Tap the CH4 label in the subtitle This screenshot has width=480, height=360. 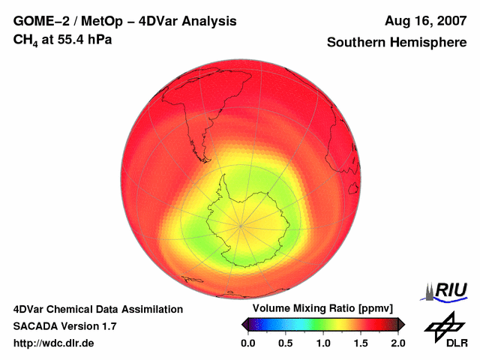pyautogui.click(x=26, y=38)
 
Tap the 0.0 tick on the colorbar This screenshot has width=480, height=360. pyautogui.click(x=247, y=343)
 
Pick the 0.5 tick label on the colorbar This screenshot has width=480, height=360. pyautogui.click(x=285, y=343)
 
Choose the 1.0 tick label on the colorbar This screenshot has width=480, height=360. pyautogui.click(x=322, y=343)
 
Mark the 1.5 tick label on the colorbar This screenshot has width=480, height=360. pyautogui.click(x=361, y=343)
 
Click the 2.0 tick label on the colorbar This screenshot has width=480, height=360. pyautogui.click(x=397, y=343)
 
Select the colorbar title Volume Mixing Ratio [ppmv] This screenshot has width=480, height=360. pyautogui.click(x=322, y=309)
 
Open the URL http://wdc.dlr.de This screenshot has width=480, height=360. pyautogui.click(x=53, y=343)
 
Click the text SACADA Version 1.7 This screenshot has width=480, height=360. pyautogui.click(x=64, y=326)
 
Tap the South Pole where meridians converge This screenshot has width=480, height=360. pyautogui.click(x=240, y=224)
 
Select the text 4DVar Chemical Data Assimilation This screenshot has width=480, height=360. pyautogui.click(x=97, y=309)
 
